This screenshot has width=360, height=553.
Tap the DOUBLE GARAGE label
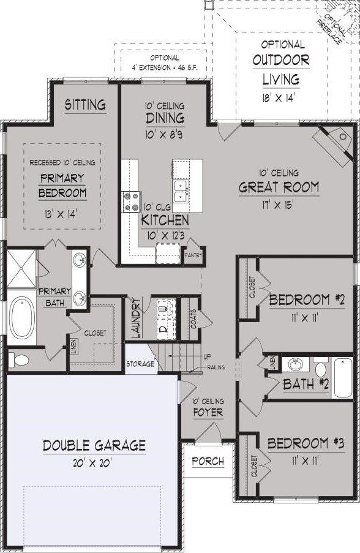[x=94, y=445]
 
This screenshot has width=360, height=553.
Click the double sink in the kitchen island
[x=180, y=190]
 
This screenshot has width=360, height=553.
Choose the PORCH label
[x=208, y=461]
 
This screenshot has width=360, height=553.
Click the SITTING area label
[x=85, y=105]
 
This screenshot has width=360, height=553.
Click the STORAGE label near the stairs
[x=140, y=364]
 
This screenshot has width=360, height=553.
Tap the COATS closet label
[x=193, y=319]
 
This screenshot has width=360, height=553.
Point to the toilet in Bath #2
[x=320, y=369]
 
